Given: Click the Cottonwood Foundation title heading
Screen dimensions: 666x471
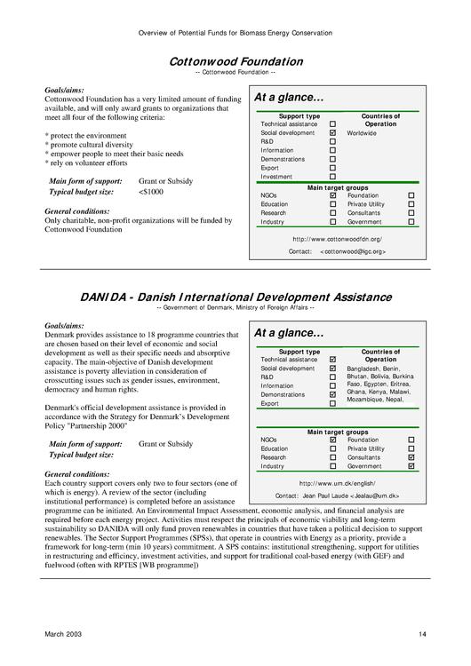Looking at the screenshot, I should point(235,61).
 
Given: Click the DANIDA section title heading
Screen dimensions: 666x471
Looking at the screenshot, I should point(235,297).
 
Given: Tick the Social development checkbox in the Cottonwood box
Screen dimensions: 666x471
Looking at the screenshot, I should point(332,133).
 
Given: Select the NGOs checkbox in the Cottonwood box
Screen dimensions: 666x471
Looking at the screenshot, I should point(332,195).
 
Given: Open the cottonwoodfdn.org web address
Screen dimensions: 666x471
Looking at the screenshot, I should point(337,239).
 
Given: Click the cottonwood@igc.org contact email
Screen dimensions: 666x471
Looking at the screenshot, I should point(353,252).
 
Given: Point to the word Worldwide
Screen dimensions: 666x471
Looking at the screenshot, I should point(362,133).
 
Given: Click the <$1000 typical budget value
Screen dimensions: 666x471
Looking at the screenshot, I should point(151,192).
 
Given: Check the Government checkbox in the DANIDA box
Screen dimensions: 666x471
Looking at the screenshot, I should point(411,466).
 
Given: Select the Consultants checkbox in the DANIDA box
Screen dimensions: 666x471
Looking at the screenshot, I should point(411,457).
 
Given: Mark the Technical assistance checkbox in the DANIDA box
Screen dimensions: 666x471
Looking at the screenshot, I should point(332,360).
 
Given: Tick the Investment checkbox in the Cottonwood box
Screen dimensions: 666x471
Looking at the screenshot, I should point(332,177).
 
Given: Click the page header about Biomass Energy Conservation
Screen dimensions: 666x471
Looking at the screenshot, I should point(235,33).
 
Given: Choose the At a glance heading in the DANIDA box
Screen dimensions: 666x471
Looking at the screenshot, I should point(289,334).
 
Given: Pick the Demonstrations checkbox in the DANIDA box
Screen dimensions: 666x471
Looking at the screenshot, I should point(332,394).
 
